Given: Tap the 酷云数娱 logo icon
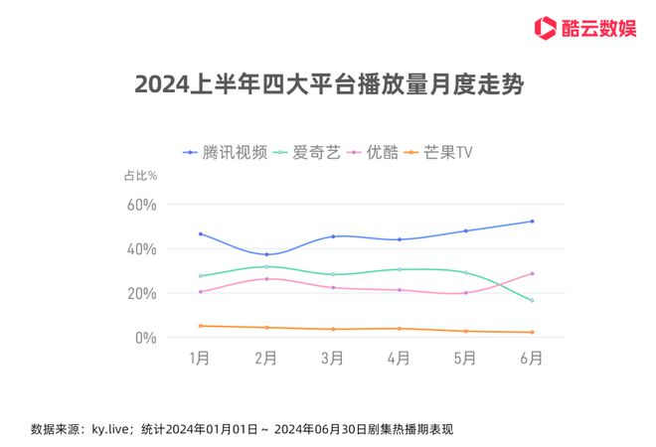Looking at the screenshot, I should [544, 27].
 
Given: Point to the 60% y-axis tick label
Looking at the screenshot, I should [140, 205].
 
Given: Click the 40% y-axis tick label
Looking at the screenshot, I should [140, 249].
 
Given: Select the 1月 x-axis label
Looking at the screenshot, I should [200, 359].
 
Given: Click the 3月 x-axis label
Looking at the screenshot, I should [333, 359].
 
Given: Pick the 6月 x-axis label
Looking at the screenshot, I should [532, 359].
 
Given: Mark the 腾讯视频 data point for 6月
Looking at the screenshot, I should [532, 222].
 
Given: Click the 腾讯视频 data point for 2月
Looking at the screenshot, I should [266, 254].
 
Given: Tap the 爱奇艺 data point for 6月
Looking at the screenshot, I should [532, 301].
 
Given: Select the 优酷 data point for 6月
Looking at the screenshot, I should [532, 273].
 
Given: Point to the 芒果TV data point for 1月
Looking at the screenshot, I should [200, 326].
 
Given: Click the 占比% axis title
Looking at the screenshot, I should [140, 176].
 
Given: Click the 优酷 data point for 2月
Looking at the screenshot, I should [266, 278].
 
